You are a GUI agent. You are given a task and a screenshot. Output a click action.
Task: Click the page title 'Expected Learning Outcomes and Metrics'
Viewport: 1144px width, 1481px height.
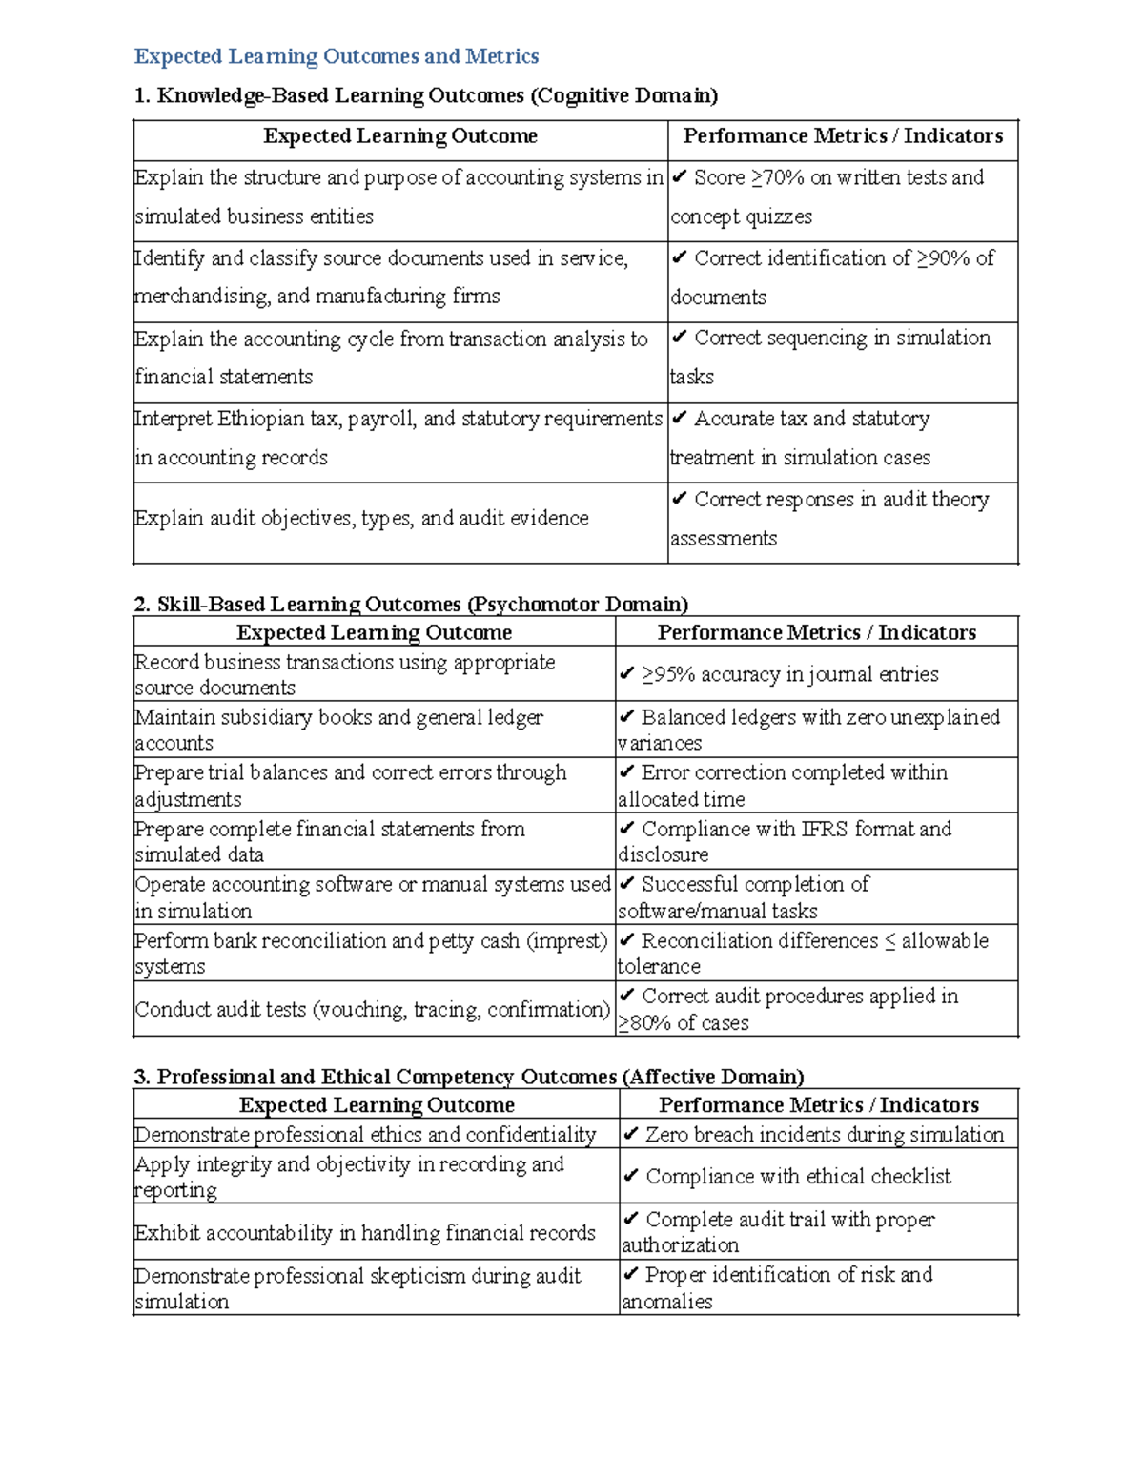pyautogui.click(x=336, y=56)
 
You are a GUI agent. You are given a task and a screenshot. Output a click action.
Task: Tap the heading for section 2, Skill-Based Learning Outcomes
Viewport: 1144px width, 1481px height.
pyautogui.click(x=410, y=604)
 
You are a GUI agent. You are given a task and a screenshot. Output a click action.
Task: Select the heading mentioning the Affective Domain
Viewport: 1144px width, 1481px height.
pyautogui.click(x=468, y=1077)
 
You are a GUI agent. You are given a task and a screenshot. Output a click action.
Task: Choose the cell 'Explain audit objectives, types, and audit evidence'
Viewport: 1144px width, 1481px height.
pyautogui.click(x=361, y=518)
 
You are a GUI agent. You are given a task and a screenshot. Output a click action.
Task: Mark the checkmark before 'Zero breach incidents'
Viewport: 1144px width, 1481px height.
pyautogui.click(x=630, y=1134)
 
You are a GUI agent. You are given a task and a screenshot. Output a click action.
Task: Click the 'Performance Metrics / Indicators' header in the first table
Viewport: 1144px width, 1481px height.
pyautogui.click(x=843, y=136)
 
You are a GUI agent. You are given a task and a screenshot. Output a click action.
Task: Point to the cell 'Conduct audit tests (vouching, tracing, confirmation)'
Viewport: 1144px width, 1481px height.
pyautogui.click(x=373, y=1009)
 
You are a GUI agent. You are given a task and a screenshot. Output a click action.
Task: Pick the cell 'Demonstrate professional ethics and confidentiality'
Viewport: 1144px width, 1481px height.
pyautogui.click(x=365, y=1134)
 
